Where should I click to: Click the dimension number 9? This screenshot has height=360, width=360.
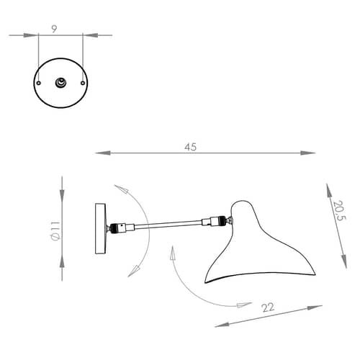(x=54, y=30)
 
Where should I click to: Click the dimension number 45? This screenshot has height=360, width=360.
(x=191, y=147)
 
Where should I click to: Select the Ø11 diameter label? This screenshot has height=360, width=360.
(x=55, y=231)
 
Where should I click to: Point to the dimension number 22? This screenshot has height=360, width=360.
(x=268, y=307)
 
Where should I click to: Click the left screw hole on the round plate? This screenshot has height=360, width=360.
(x=39, y=83)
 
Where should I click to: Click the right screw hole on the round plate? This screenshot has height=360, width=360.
(x=83, y=83)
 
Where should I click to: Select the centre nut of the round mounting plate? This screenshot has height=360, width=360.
(x=60, y=83)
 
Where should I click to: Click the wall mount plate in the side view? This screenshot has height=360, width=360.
(x=101, y=228)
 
